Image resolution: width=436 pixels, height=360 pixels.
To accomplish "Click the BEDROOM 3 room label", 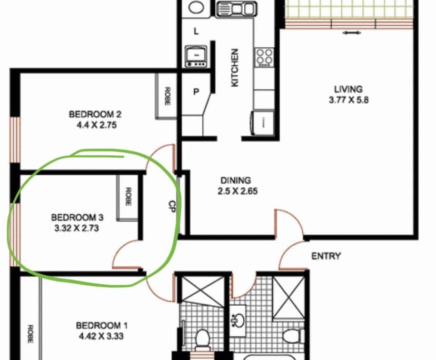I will (x=77, y=217).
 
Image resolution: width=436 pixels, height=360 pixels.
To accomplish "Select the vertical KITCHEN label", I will (x=235, y=68).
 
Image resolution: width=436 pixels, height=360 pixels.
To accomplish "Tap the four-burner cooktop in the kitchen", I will (x=263, y=57).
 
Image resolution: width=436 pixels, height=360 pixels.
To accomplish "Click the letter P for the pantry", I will (x=196, y=92).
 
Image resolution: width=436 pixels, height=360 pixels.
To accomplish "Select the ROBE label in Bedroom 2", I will (x=167, y=96).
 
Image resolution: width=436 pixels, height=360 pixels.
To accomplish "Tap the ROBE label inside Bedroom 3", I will (x=127, y=196).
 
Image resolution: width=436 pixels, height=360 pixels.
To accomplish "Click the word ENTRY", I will (x=326, y=256).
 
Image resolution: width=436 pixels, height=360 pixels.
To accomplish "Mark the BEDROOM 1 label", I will (x=101, y=325).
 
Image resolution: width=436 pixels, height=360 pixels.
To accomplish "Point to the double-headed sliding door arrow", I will (x=351, y=33).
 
